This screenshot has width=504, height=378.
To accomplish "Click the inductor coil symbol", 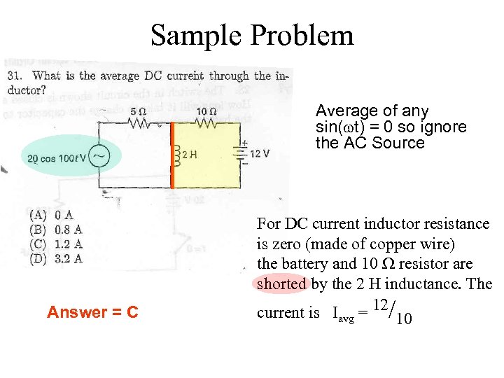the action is point(177,155).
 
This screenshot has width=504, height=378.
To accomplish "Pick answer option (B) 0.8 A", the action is point(56,229).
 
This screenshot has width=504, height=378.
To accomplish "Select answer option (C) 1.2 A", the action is point(56,244).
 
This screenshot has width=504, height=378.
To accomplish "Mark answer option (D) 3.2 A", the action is point(56,258).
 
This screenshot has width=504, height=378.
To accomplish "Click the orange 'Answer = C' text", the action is point(92,312).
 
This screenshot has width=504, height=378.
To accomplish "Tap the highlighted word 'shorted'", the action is point(281,283).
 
